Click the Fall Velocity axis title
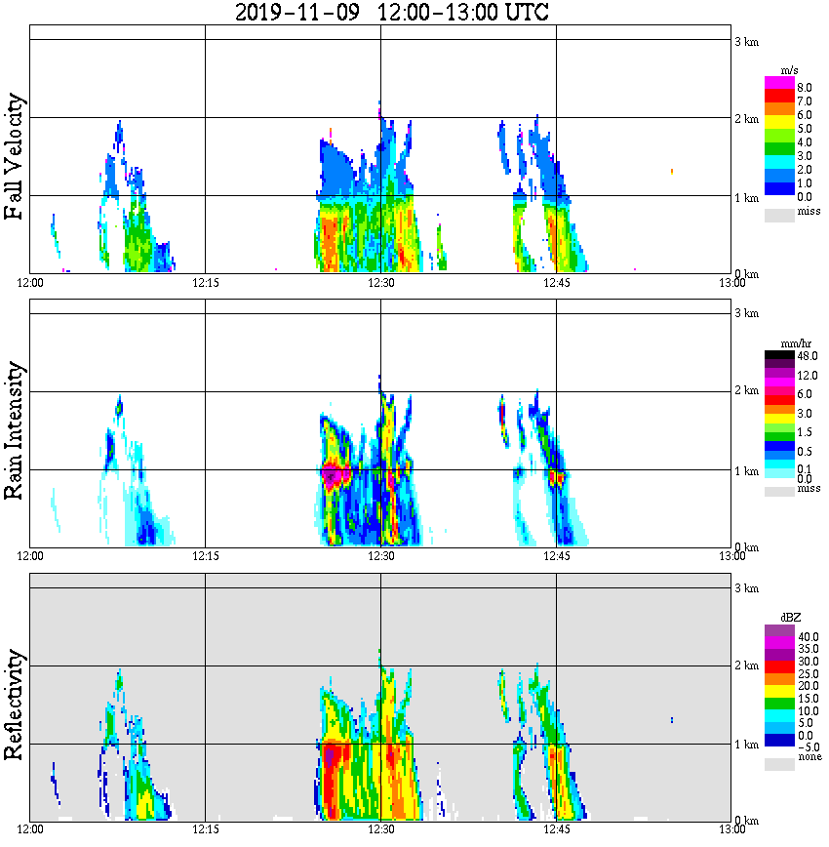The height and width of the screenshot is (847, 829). click(15, 157)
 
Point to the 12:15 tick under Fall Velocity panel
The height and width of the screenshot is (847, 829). click(205, 283)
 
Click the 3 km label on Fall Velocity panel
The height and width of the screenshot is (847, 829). click(746, 40)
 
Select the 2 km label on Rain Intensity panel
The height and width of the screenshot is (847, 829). click(746, 391)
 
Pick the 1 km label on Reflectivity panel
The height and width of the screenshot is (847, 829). click(746, 745)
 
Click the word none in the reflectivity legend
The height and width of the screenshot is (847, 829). click(809, 757)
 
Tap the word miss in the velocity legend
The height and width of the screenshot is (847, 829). click(809, 211)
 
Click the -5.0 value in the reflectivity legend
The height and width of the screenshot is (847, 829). click(807, 746)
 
